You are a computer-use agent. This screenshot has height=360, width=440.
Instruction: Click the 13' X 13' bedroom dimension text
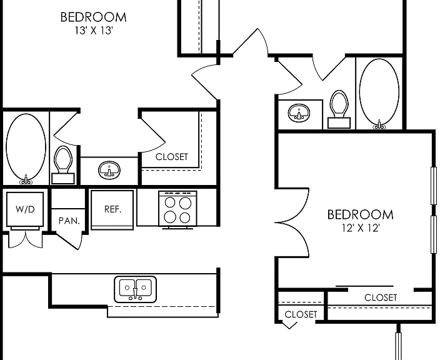(94, 30)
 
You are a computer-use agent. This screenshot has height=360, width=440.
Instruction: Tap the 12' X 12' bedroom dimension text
(361, 228)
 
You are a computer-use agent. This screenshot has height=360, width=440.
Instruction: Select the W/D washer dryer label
(25, 209)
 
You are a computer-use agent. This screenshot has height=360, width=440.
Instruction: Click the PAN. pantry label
(69, 221)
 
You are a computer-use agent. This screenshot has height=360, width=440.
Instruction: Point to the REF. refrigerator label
(112, 209)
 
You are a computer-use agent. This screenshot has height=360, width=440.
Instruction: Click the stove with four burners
(177, 209)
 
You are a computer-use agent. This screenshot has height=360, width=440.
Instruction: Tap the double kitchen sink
(135, 289)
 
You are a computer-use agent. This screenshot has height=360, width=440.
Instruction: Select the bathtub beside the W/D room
(26, 149)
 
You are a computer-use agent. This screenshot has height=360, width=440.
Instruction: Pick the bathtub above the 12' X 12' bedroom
(379, 93)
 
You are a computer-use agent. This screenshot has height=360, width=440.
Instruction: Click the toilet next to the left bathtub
(63, 165)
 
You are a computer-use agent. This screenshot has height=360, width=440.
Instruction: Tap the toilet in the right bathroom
(339, 109)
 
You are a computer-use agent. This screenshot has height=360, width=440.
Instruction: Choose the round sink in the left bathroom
(109, 170)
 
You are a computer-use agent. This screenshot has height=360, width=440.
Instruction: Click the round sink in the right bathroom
(299, 113)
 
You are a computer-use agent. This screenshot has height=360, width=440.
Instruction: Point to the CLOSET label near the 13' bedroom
(172, 157)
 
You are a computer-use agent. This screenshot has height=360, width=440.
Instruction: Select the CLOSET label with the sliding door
(381, 297)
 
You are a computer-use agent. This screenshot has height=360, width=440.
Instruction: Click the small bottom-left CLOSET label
(301, 314)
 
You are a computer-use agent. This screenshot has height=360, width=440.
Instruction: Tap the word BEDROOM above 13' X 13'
(94, 17)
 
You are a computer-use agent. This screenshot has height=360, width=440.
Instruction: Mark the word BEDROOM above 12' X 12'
(361, 215)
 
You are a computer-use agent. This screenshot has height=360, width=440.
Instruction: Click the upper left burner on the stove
(170, 203)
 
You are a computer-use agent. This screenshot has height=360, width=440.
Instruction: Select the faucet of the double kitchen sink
(135, 293)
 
